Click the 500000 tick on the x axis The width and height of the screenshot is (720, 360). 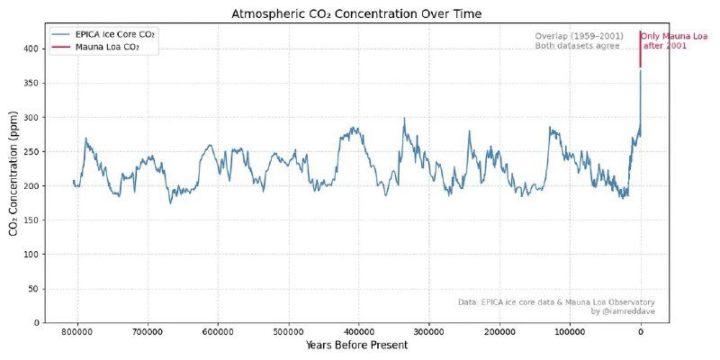[x=288, y=332]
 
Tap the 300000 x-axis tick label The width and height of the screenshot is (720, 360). [x=428, y=332]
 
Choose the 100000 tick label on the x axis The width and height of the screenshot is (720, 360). [x=570, y=332]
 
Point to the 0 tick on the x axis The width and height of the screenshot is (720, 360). [x=641, y=332]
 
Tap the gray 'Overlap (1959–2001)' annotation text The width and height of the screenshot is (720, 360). [x=579, y=36]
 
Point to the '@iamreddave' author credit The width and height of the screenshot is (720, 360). [x=623, y=311]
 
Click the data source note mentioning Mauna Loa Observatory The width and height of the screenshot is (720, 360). [x=556, y=301]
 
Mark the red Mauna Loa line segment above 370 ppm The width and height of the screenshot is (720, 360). [x=641, y=49]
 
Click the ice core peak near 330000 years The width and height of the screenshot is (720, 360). [x=404, y=118]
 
